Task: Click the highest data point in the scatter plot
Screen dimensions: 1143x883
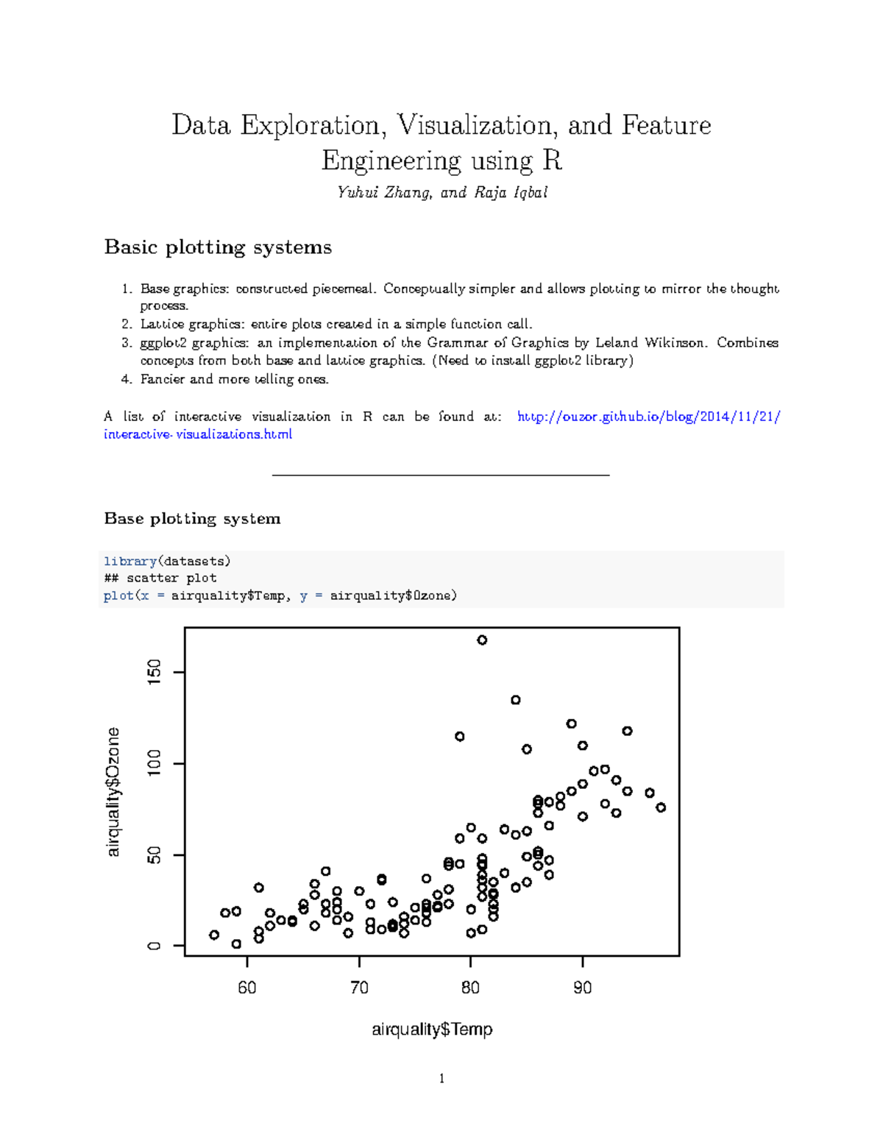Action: point(482,640)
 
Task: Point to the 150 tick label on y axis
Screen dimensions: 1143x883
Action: point(154,672)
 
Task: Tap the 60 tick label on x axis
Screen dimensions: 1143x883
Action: point(247,988)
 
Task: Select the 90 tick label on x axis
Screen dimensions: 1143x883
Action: point(582,988)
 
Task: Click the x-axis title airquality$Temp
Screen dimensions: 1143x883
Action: point(432,1029)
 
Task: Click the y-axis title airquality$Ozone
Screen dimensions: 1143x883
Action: point(113,792)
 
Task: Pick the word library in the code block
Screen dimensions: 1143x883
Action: point(130,561)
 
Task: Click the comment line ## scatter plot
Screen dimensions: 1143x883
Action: point(160,578)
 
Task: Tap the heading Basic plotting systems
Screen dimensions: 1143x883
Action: point(218,247)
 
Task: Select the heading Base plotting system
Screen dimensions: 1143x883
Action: point(192,518)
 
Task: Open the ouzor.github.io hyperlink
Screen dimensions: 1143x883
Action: point(648,417)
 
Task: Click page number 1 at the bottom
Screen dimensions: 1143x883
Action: point(441,1078)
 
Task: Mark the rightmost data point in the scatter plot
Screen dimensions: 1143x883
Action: point(661,807)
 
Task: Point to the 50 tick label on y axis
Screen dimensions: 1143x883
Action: point(154,855)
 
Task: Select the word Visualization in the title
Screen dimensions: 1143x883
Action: point(475,125)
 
